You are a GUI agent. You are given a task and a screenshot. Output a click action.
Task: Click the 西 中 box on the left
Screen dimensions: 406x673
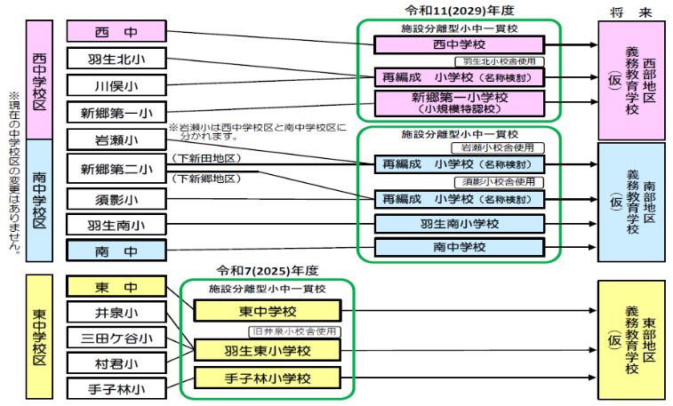(116, 32)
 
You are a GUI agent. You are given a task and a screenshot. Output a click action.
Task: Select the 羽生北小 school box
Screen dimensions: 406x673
(116, 60)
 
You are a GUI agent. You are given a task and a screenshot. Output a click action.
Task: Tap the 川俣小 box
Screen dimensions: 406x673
(116, 86)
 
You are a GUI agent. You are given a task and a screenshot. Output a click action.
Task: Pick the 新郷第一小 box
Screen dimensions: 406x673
(116, 113)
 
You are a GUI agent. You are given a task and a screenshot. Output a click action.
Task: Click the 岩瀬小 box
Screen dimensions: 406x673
(116, 140)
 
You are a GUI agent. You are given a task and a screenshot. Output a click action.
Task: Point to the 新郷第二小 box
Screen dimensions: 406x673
(116, 169)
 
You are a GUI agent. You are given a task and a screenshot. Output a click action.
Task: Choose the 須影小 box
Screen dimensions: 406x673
(116, 199)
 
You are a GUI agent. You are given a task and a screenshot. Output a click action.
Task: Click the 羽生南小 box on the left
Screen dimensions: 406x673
(116, 226)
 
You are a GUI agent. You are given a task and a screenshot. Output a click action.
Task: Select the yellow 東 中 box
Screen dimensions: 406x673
(116, 287)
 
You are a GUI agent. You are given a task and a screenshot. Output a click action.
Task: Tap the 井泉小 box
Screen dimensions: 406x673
(116, 313)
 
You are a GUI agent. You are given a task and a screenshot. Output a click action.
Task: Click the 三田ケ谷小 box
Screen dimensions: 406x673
(116, 338)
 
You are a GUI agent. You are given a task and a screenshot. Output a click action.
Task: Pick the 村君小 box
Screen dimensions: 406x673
(116, 362)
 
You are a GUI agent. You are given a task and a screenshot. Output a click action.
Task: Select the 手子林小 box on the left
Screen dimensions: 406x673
(116, 388)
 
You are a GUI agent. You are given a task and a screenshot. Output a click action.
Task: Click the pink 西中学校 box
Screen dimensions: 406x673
(459, 44)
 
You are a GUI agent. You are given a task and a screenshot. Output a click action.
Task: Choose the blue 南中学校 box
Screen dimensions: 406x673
(459, 247)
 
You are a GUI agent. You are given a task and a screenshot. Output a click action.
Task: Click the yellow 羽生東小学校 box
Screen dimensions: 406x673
(268, 350)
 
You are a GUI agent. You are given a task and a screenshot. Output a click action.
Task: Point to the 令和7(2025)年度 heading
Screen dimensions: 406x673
(268, 270)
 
